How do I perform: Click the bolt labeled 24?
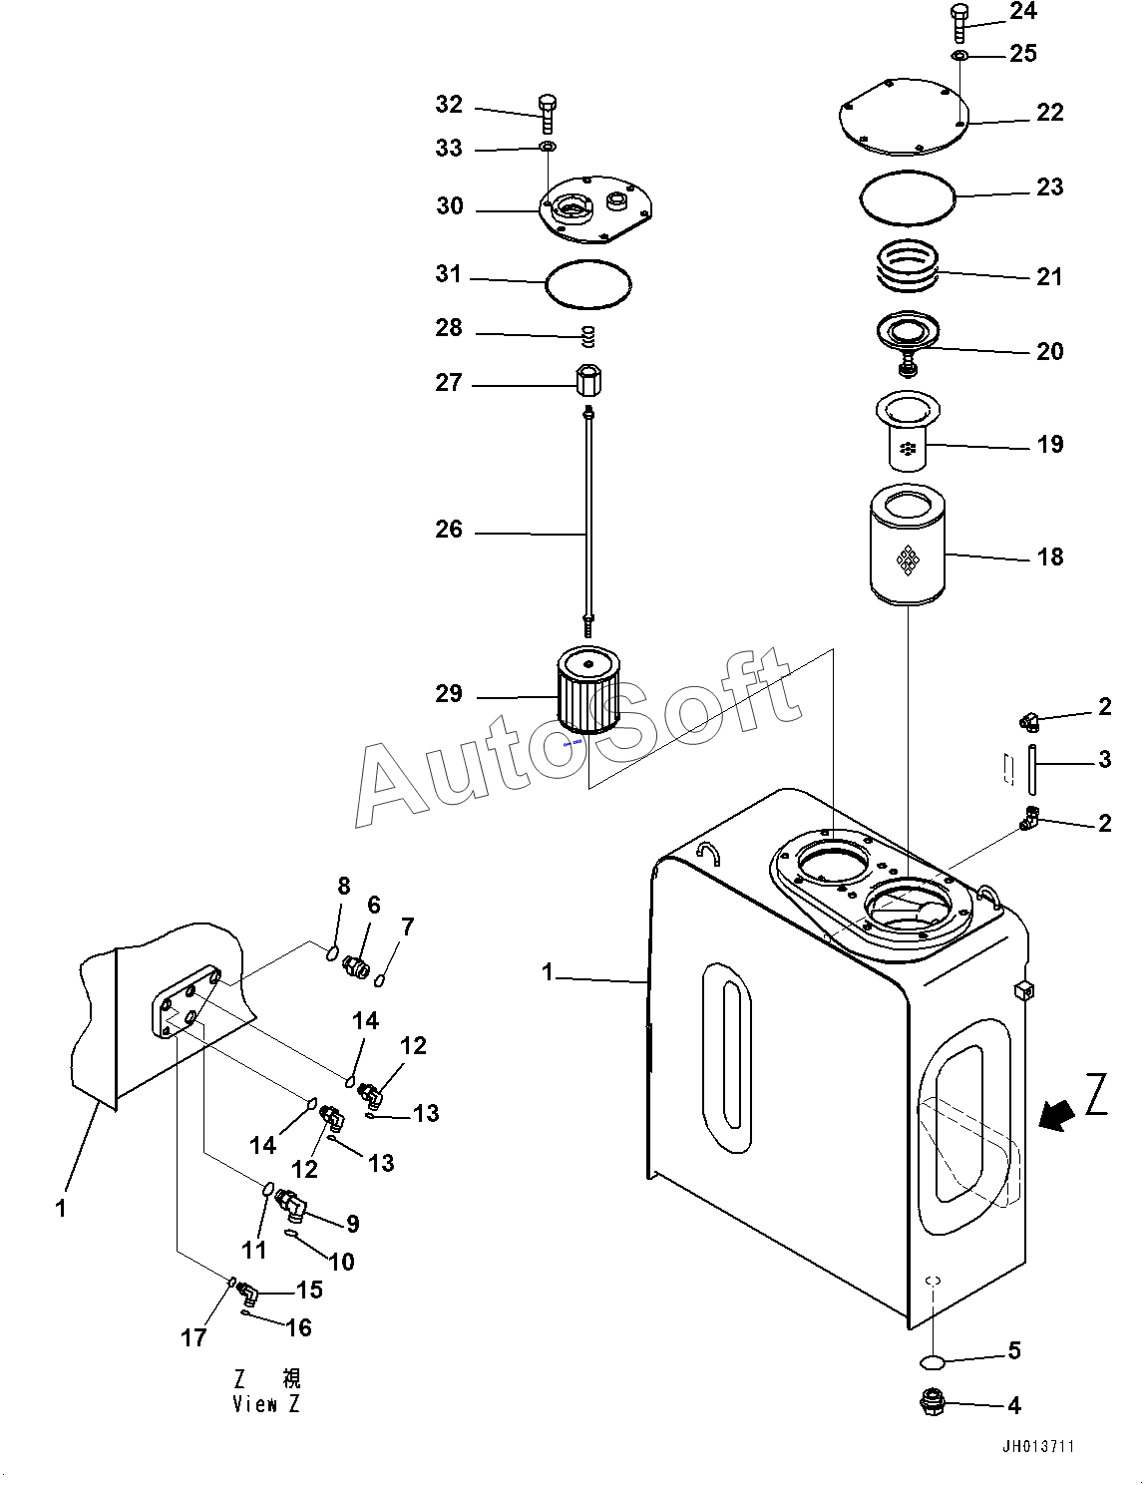pos(960,25)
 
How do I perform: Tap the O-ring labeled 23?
pos(908,197)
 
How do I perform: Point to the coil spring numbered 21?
pos(908,266)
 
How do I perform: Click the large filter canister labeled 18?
pos(908,545)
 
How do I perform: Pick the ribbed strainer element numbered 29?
pos(588,689)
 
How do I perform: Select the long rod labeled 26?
pos(588,514)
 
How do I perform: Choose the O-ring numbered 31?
pos(588,284)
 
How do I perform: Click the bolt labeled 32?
pos(548,114)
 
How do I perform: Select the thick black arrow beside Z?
pos(1056,1117)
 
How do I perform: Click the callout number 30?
pos(450,205)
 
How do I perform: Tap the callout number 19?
pos(1050,444)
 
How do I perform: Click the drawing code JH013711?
pos(1038,1446)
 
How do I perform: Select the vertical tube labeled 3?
pos(1031,770)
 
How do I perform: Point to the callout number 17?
pos(194,1337)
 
